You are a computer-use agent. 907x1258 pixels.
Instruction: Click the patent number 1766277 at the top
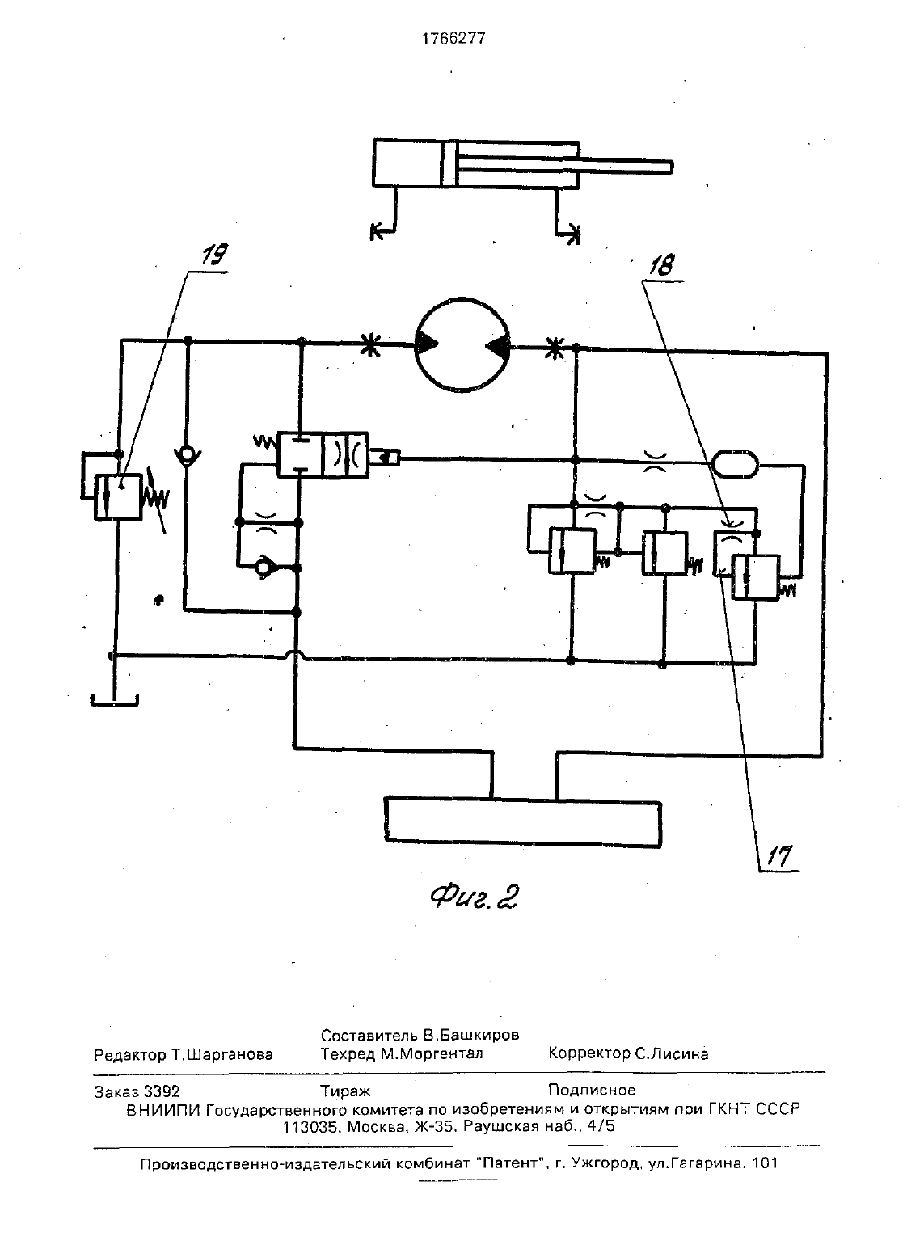(x=453, y=38)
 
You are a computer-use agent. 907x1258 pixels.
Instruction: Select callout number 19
(x=214, y=255)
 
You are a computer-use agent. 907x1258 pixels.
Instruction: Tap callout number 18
(x=662, y=264)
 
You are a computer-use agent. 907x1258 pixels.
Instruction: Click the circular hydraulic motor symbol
(x=462, y=344)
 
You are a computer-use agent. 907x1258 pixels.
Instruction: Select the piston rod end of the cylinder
(x=671, y=167)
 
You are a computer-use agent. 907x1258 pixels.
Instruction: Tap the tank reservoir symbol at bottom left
(x=115, y=700)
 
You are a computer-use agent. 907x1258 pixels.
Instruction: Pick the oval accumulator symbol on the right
(x=734, y=465)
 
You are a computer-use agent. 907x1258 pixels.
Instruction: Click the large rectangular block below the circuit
(x=523, y=823)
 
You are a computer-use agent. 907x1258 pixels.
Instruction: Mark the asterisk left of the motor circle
(x=370, y=345)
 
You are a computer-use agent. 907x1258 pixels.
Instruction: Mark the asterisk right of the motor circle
(x=555, y=348)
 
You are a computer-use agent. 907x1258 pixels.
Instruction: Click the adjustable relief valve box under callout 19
(x=118, y=497)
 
